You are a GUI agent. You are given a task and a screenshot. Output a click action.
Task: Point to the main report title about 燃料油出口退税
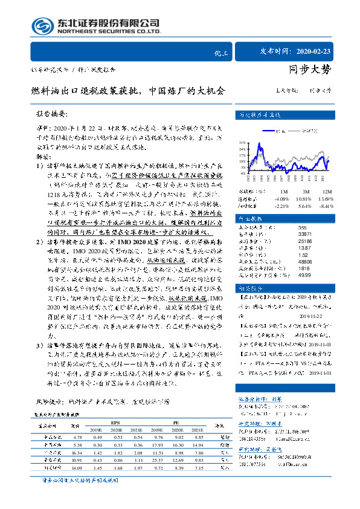click(x=128, y=92)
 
